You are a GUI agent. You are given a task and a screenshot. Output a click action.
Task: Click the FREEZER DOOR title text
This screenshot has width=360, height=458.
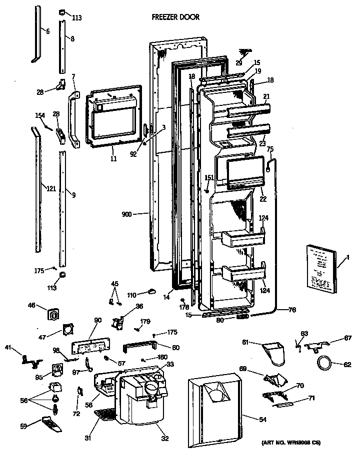tap(175, 17)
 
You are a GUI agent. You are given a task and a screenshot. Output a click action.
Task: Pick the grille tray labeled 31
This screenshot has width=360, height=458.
tap(105, 414)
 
